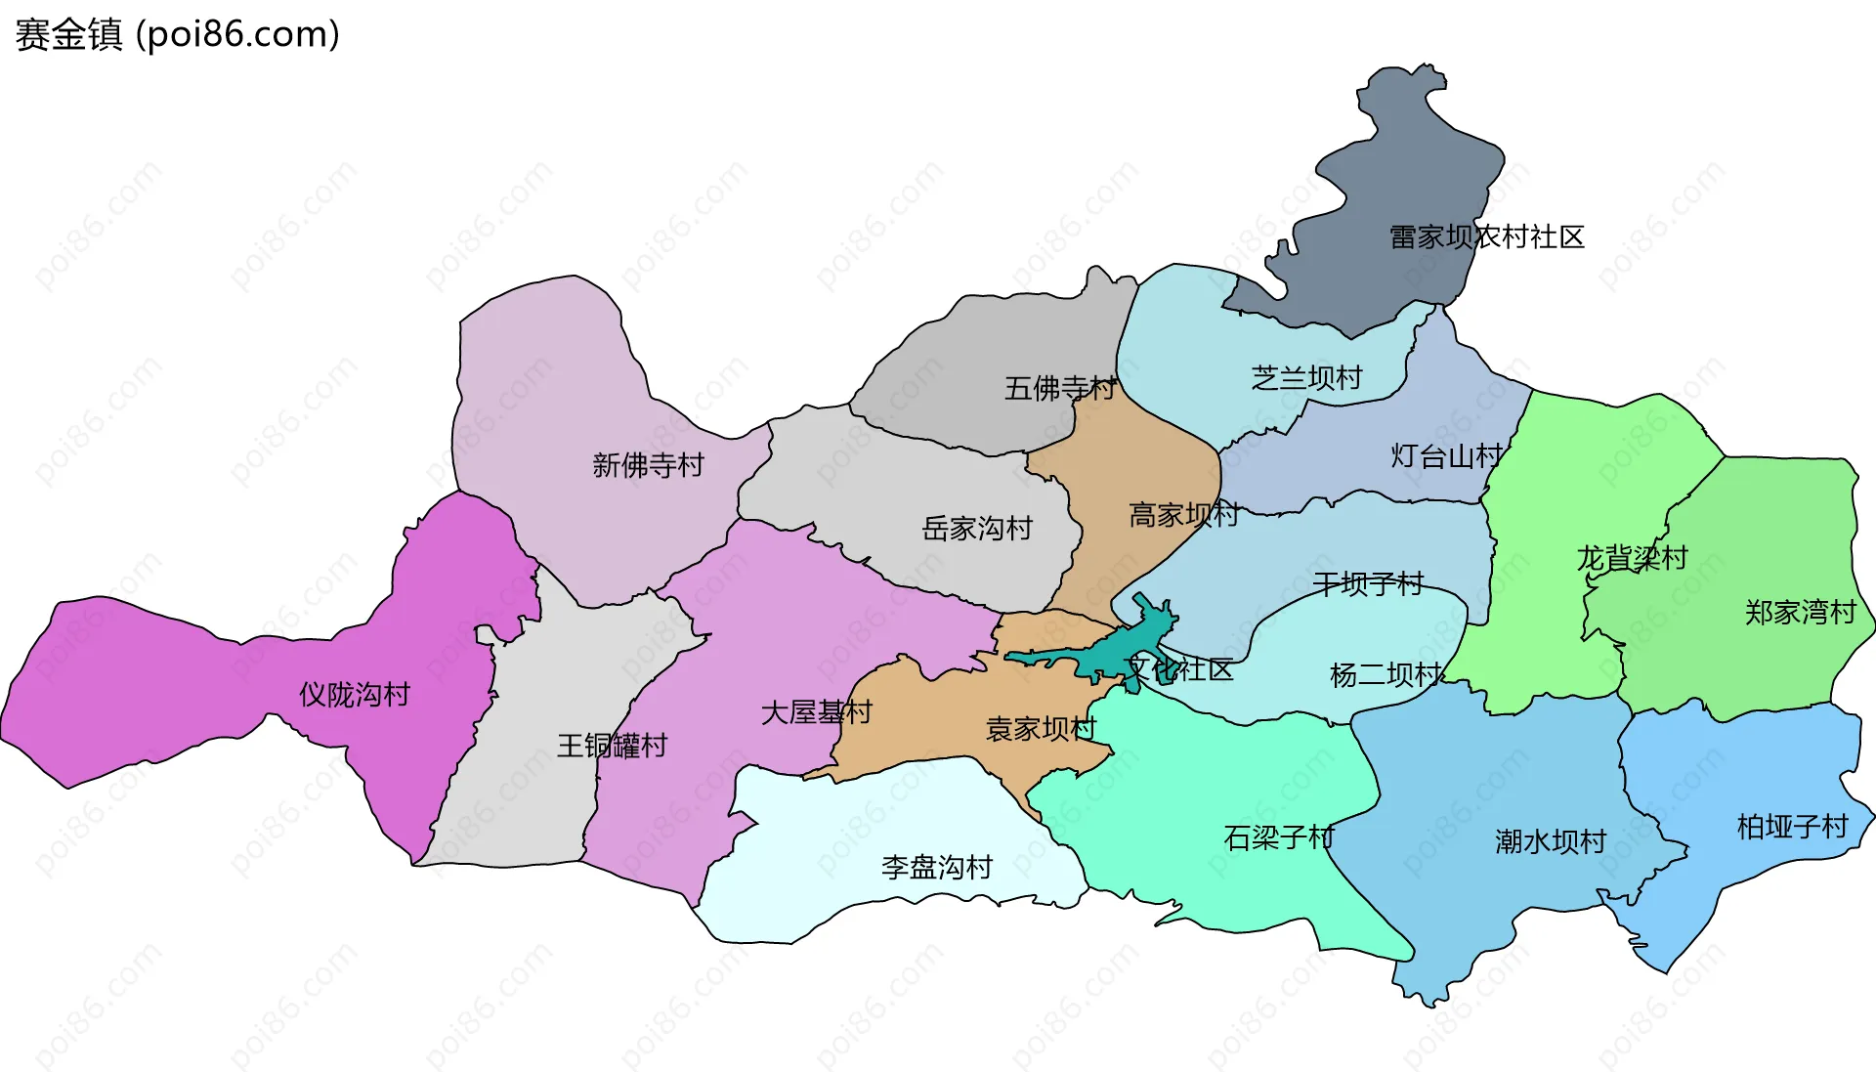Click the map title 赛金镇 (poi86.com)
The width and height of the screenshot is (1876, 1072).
(178, 34)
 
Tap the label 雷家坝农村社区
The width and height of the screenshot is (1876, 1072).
(1486, 236)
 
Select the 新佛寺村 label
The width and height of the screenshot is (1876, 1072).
(648, 465)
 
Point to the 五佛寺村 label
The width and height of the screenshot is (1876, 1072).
(1060, 388)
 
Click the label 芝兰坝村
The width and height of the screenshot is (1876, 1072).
(1306, 377)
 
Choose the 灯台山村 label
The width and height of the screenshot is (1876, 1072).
(1446, 455)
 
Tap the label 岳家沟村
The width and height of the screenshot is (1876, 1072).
(977, 529)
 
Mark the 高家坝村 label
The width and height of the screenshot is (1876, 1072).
(1184, 514)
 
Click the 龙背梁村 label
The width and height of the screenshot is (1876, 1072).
(1632, 558)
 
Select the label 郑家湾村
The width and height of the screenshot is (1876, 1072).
(1800, 613)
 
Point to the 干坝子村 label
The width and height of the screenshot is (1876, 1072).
(1368, 584)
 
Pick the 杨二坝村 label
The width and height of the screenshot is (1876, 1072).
(1386, 674)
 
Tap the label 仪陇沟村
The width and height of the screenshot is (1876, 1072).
(354, 695)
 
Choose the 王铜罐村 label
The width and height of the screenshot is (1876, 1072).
(612, 746)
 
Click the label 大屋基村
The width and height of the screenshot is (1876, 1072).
(816, 712)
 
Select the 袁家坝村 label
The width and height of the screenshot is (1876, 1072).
(1041, 729)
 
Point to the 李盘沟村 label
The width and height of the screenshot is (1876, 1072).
(936, 867)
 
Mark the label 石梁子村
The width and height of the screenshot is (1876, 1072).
(1278, 837)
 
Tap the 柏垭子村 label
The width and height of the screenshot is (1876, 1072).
(1792, 827)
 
